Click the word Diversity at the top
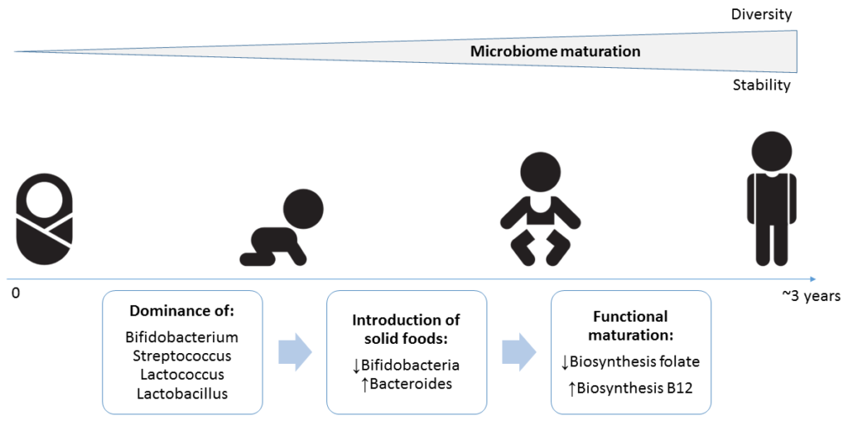click(761, 15)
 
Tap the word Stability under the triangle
click(762, 85)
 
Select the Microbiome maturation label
click(556, 52)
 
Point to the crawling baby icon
click(282, 228)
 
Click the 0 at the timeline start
click(14, 296)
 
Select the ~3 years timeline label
click(808, 297)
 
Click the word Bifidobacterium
click(181, 338)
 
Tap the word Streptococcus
click(181, 356)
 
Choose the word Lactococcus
click(181, 375)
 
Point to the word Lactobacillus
click(181, 393)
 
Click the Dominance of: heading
click(181, 312)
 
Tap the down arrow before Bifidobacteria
click(356, 365)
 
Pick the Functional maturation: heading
click(630, 325)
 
